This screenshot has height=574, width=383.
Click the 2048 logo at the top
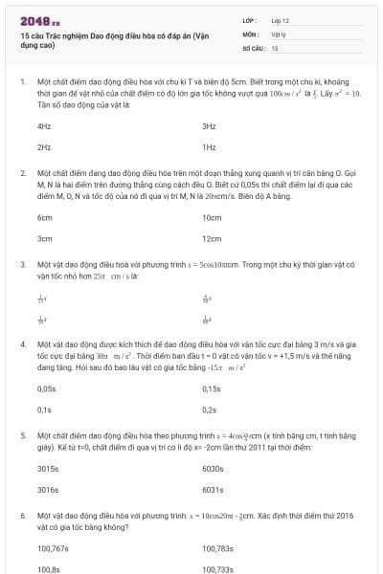pyautogui.click(x=34, y=18)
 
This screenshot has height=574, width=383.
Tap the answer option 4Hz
pyautogui.click(x=44, y=125)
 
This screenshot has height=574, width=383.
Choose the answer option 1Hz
pyautogui.click(x=209, y=147)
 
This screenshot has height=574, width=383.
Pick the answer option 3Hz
pyautogui.click(x=209, y=125)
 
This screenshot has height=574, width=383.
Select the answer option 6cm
pyautogui.click(x=44, y=217)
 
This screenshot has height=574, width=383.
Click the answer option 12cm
pyautogui.click(x=212, y=238)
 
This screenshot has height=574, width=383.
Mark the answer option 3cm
pyautogui.click(x=44, y=238)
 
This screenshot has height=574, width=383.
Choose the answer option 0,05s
pyautogui.click(x=46, y=388)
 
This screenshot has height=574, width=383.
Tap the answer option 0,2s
pyautogui.click(x=211, y=409)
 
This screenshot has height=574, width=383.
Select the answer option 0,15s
pyautogui.click(x=212, y=388)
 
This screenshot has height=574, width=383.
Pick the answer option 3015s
pyautogui.click(x=47, y=469)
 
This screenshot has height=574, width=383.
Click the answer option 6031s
pyautogui.click(x=213, y=490)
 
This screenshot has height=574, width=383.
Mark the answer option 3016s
pyautogui.click(x=47, y=490)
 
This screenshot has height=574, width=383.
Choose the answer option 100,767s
pyautogui.click(x=53, y=548)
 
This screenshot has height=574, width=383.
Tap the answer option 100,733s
pyautogui.click(x=217, y=569)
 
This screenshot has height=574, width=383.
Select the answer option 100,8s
pyautogui.click(x=48, y=569)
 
